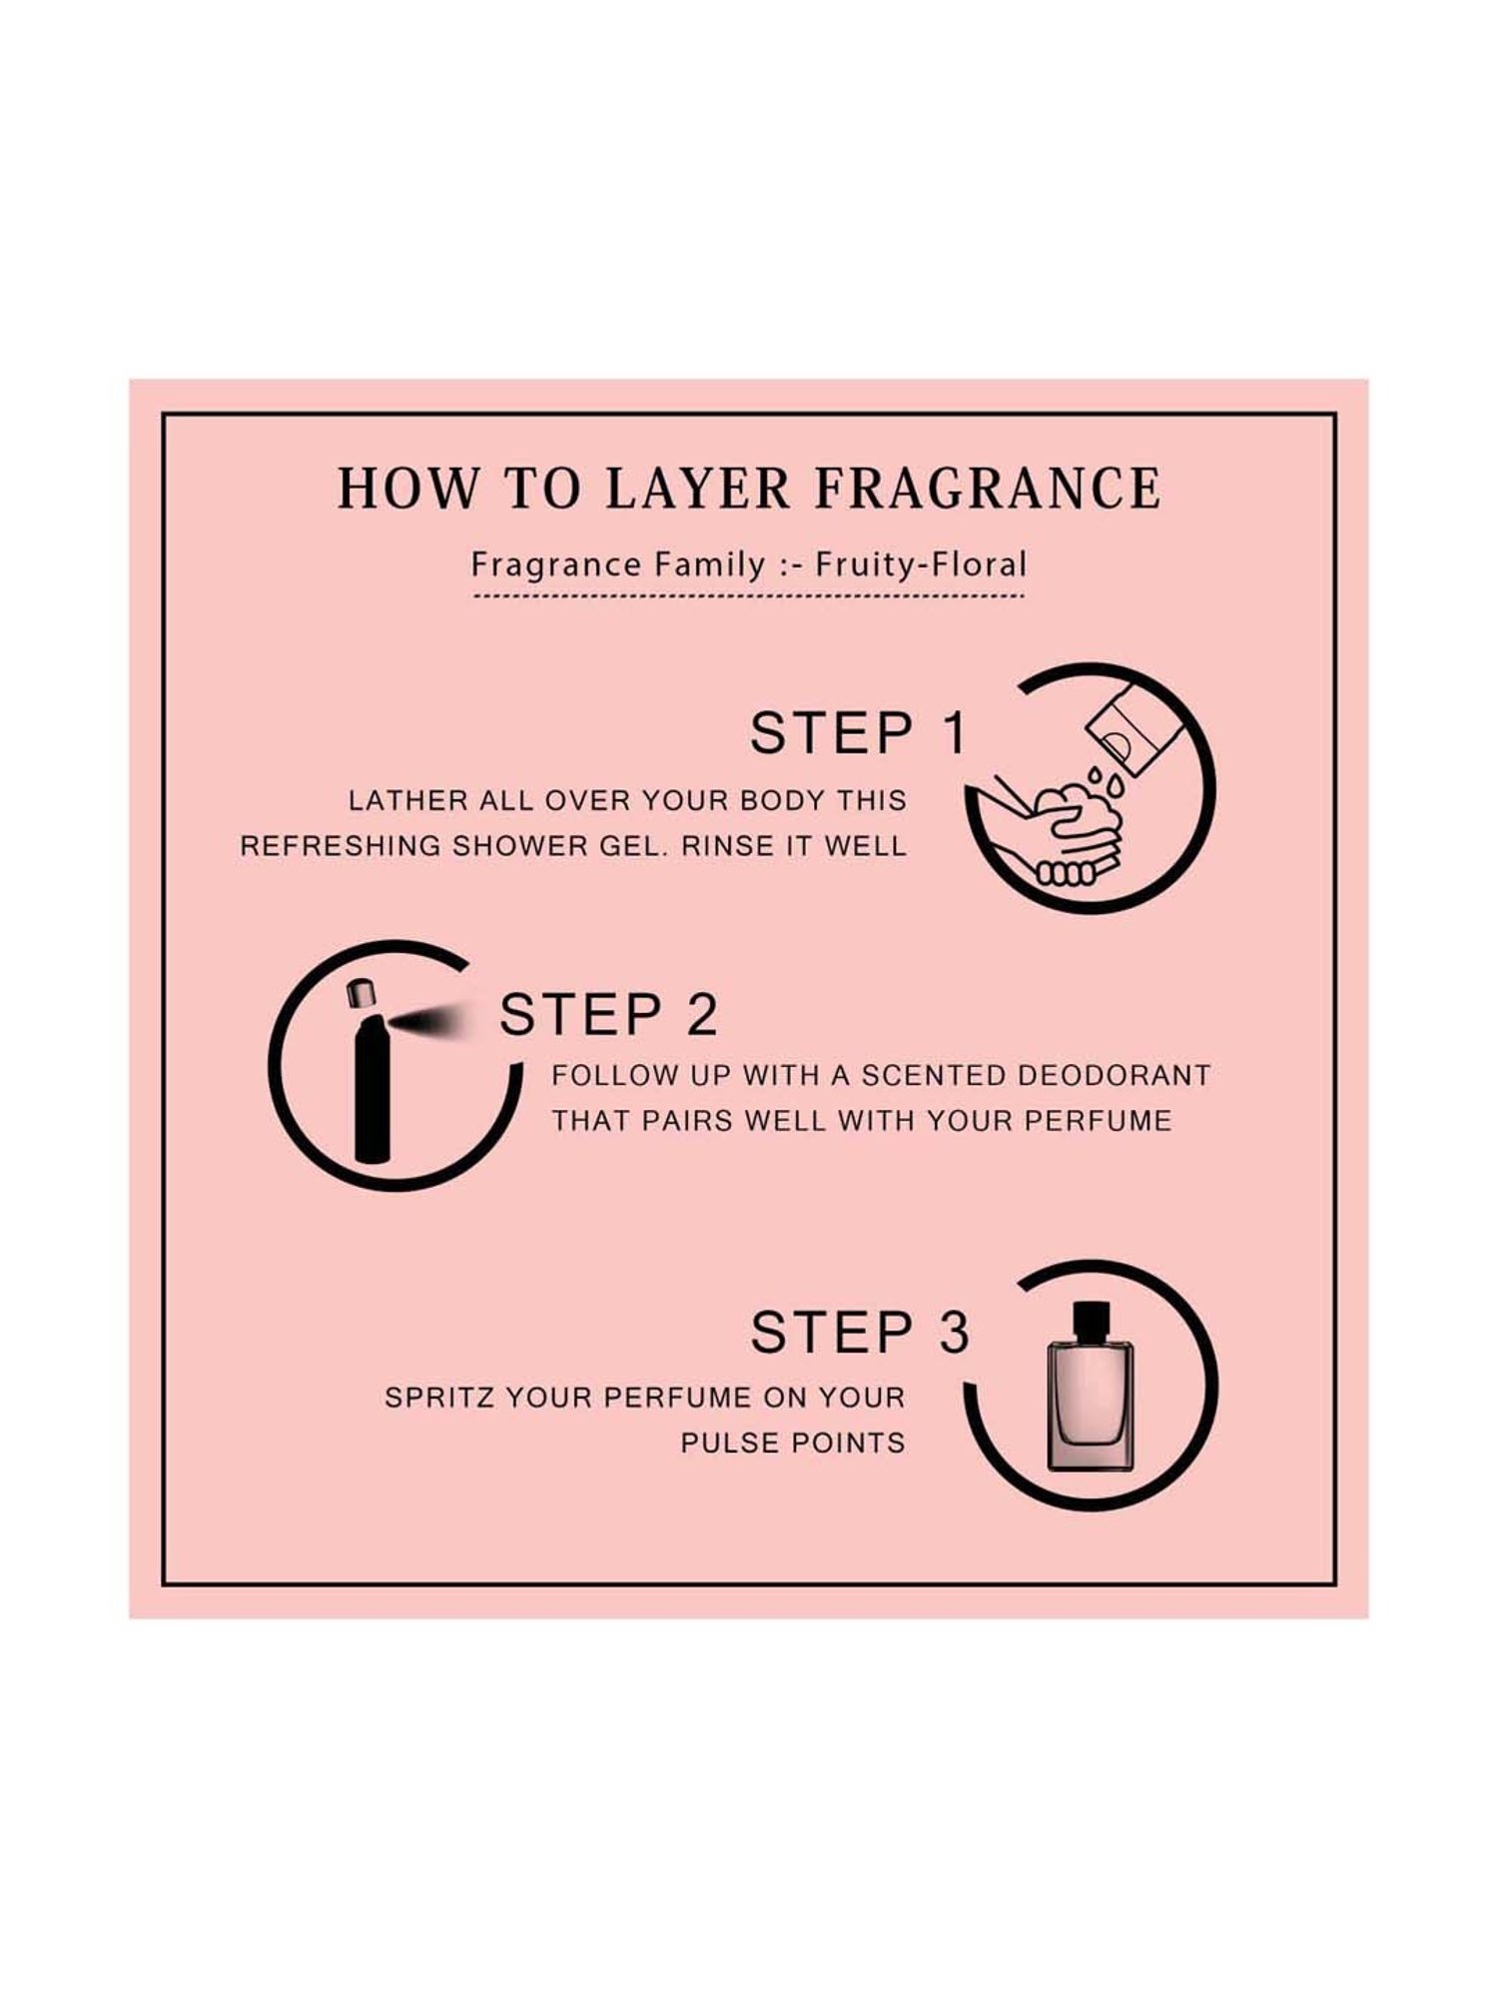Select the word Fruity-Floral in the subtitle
pyautogui.click(x=921, y=564)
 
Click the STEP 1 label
pyautogui.click(x=859, y=733)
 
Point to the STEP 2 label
pyautogui.click(x=608, y=1015)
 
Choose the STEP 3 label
pyautogui.click(x=859, y=1333)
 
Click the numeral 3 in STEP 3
pyautogui.click(x=954, y=1333)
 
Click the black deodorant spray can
pyautogui.click(x=373, y=1084)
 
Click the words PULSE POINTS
pyautogui.click(x=793, y=1443)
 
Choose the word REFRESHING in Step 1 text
pyautogui.click(x=341, y=846)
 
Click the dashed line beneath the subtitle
pyautogui.click(x=749, y=596)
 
